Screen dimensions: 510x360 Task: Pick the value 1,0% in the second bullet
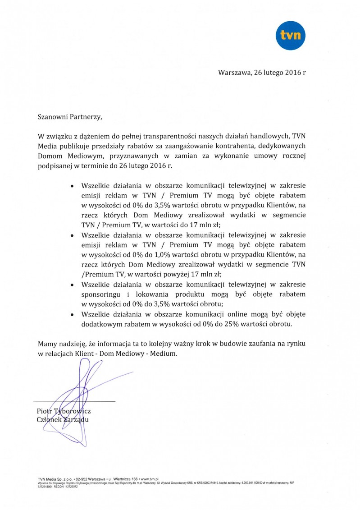click(156, 254)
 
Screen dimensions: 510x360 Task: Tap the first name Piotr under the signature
click(45, 411)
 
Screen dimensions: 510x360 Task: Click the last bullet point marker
click(72, 314)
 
